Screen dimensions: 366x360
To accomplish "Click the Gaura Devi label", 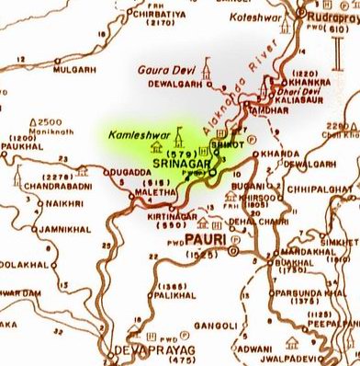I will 162,69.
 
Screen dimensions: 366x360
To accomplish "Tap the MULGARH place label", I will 76,68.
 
